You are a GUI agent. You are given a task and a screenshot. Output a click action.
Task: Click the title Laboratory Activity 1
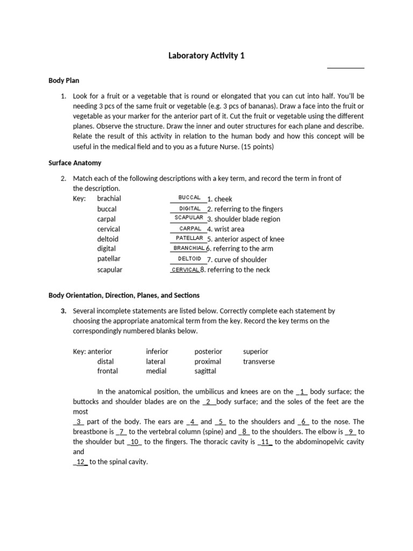coord(206,55)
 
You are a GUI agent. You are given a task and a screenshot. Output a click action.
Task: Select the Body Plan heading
coord(64,81)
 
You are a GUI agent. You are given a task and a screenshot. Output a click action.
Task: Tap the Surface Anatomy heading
coord(75,163)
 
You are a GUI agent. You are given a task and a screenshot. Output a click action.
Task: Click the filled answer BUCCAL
coord(189,198)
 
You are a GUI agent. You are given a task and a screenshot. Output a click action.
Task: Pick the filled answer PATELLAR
coord(189,238)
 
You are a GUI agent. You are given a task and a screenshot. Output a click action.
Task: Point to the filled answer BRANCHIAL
coord(189,248)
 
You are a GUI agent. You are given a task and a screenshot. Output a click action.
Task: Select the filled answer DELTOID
coord(189,259)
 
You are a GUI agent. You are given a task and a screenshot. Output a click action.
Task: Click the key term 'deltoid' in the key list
coord(108,239)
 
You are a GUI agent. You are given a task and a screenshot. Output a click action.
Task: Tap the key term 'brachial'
coord(109,199)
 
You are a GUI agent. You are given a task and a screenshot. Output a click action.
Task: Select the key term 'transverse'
coord(259,362)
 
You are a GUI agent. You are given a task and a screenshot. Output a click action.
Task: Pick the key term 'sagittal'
coord(205,371)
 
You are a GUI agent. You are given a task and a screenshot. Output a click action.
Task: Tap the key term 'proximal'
coord(208,362)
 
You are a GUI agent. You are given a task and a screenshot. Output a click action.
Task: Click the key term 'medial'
coord(156,371)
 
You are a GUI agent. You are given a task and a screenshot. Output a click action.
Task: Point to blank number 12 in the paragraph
coord(81,462)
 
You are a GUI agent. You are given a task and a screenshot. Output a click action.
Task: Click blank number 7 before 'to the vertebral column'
coord(122,432)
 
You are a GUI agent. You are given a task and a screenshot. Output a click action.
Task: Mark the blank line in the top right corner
coord(346,68)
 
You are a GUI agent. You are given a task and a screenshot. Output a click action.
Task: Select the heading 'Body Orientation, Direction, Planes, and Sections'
coord(124,295)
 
